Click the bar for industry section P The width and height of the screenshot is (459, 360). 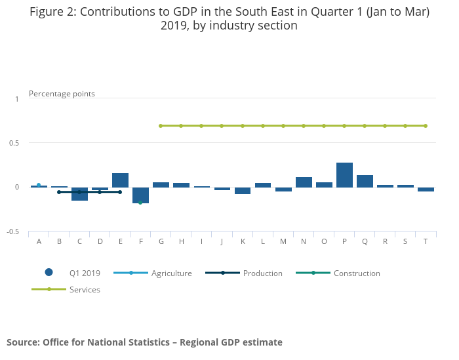coord(344,175)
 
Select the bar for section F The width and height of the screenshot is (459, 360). coord(140,195)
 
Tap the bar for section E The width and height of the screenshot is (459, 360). coord(120,180)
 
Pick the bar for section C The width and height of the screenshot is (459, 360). coord(79,193)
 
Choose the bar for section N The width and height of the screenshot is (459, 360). coord(304,182)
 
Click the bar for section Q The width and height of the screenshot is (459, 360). coord(365,181)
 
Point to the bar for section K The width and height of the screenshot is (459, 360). coord(243,190)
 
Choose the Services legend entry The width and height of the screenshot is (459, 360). coord(85,289)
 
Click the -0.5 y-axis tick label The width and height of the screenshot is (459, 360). coord(12,231)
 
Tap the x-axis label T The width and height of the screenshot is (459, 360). coord(426,241)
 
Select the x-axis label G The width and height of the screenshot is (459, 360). coord(161,241)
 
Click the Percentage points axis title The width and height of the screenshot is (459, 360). coord(62,94)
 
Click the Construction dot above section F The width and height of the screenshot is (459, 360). coord(140,203)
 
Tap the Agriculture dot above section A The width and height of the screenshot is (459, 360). coord(39,185)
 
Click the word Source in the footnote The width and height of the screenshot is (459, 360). coord(23,342)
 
